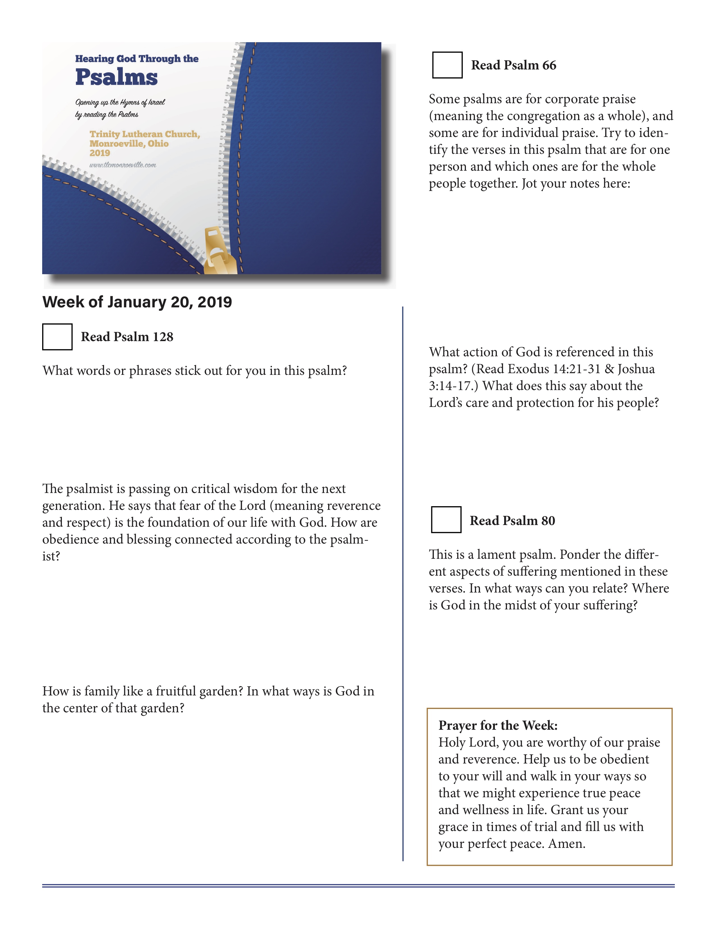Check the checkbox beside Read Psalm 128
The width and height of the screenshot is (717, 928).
[x=57, y=337]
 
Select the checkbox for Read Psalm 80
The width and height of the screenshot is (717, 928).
[x=446, y=520]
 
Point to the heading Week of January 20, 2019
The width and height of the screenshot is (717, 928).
[x=137, y=302]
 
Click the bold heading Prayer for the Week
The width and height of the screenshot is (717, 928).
[x=498, y=725]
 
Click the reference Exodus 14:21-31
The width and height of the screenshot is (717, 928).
[x=554, y=369]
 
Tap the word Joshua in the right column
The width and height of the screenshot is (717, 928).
[x=636, y=369]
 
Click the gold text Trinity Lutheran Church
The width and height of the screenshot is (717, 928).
[x=145, y=134]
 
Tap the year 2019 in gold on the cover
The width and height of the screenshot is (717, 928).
[x=100, y=153]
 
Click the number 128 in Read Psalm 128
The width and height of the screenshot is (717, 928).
[x=163, y=337]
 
